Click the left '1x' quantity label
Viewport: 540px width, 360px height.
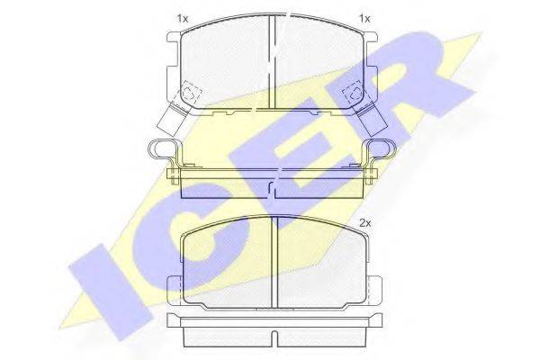click(183, 19)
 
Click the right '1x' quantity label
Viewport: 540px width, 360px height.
click(364, 19)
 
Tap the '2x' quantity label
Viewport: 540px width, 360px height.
click(365, 223)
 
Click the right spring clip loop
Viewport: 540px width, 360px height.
click(382, 148)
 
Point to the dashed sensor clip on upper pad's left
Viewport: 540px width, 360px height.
click(190, 92)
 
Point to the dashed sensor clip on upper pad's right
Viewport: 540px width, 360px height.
click(355, 92)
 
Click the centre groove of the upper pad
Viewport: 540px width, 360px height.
click(272, 62)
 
